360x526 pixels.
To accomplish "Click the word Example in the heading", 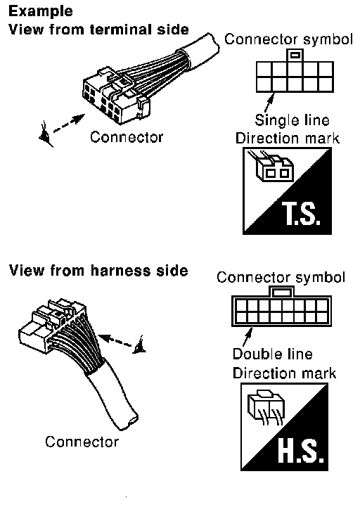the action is click(41, 11).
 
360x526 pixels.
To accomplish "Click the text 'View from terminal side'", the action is click(98, 30).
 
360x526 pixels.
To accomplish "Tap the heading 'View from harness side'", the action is click(98, 270).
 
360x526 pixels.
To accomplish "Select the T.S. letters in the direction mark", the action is click(301, 213).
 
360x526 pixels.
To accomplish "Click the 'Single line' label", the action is click(292, 120).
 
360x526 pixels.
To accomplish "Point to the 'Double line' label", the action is click(272, 354).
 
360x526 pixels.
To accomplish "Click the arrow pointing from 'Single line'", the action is click(269, 103).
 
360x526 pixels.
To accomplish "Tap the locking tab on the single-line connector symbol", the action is click(295, 56).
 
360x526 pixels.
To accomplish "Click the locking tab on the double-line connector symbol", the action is click(281, 292).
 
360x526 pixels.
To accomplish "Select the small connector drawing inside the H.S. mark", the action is click(266, 407).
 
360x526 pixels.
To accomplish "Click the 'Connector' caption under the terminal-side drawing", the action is click(127, 137).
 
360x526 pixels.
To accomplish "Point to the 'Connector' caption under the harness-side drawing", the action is click(82, 442).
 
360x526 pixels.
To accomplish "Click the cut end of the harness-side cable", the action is click(129, 421).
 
